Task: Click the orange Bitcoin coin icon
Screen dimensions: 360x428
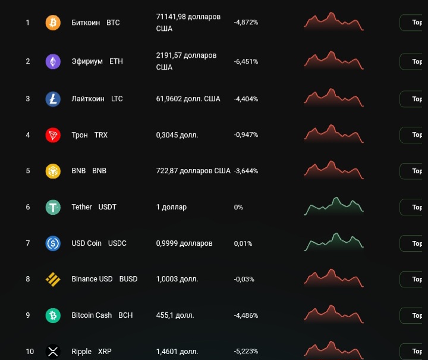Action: [53, 23]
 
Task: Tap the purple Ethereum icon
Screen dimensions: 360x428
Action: [53, 62]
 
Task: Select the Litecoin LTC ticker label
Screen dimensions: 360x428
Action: [117, 99]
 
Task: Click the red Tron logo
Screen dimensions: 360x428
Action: [53, 135]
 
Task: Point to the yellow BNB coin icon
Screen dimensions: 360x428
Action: [53, 171]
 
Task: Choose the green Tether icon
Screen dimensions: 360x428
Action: [53, 207]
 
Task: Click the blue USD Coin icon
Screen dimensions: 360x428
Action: [53, 243]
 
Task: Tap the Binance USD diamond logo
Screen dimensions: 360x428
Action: [53, 279]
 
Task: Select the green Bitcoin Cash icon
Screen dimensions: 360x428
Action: [53, 315]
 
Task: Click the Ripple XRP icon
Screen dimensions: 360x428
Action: [53, 352]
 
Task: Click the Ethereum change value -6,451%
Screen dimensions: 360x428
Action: [246, 61]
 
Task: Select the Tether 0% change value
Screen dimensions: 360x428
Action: [238, 207]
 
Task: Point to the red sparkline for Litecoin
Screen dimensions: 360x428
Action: [333, 98]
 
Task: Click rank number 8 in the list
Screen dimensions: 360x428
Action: [27, 279]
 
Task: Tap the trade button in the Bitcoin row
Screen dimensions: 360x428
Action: [415, 23]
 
